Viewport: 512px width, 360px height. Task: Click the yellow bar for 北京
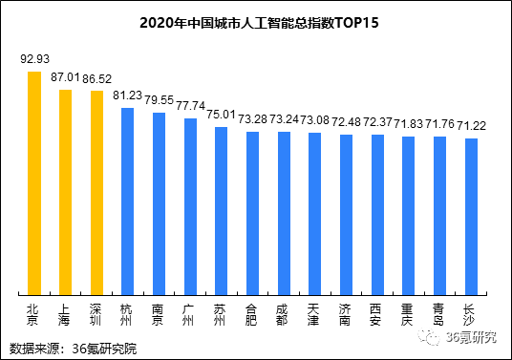coord(33,182)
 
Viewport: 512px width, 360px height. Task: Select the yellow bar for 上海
coord(65,192)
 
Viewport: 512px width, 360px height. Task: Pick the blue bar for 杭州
coord(127,201)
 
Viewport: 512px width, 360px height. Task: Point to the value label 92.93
coord(34,59)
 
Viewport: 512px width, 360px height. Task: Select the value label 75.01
coord(222,113)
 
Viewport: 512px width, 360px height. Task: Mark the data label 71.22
coord(470,125)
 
